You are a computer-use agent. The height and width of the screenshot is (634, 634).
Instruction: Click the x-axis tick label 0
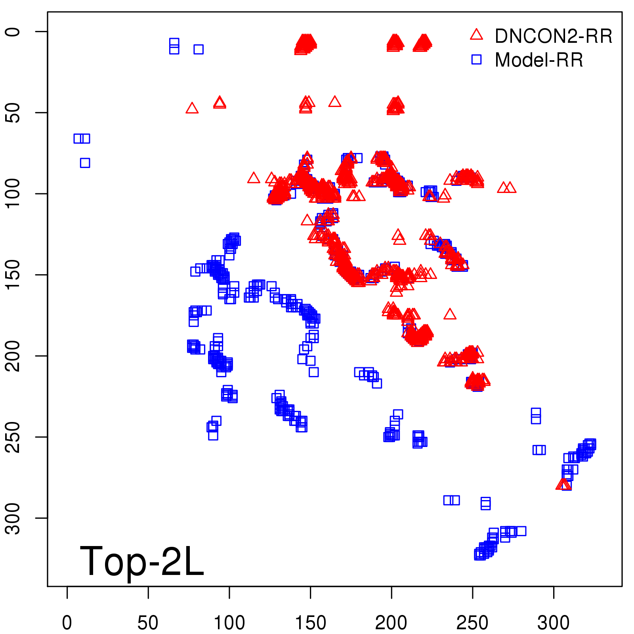point(67,623)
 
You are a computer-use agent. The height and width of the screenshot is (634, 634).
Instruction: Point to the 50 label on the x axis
point(148,623)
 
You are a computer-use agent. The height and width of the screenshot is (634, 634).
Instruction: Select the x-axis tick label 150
point(310,623)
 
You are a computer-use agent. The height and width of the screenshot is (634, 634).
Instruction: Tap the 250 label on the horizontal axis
point(472,623)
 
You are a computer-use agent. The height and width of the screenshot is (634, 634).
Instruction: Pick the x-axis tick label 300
point(553,623)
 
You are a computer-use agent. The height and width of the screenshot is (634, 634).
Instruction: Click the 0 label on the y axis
point(13,32)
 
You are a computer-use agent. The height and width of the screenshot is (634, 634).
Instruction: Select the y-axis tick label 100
point(13,193)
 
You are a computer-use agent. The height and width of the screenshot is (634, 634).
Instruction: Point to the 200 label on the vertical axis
point(13,356)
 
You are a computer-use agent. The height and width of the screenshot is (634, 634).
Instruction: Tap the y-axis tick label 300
point(13,518)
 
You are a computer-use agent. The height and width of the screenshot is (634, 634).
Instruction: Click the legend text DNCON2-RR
point(553,36)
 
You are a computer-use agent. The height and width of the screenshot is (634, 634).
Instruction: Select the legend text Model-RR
point(539,60)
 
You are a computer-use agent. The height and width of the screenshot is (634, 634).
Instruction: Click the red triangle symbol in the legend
point(476,35)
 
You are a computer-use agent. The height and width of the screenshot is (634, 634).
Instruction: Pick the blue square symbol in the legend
point(476,59)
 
